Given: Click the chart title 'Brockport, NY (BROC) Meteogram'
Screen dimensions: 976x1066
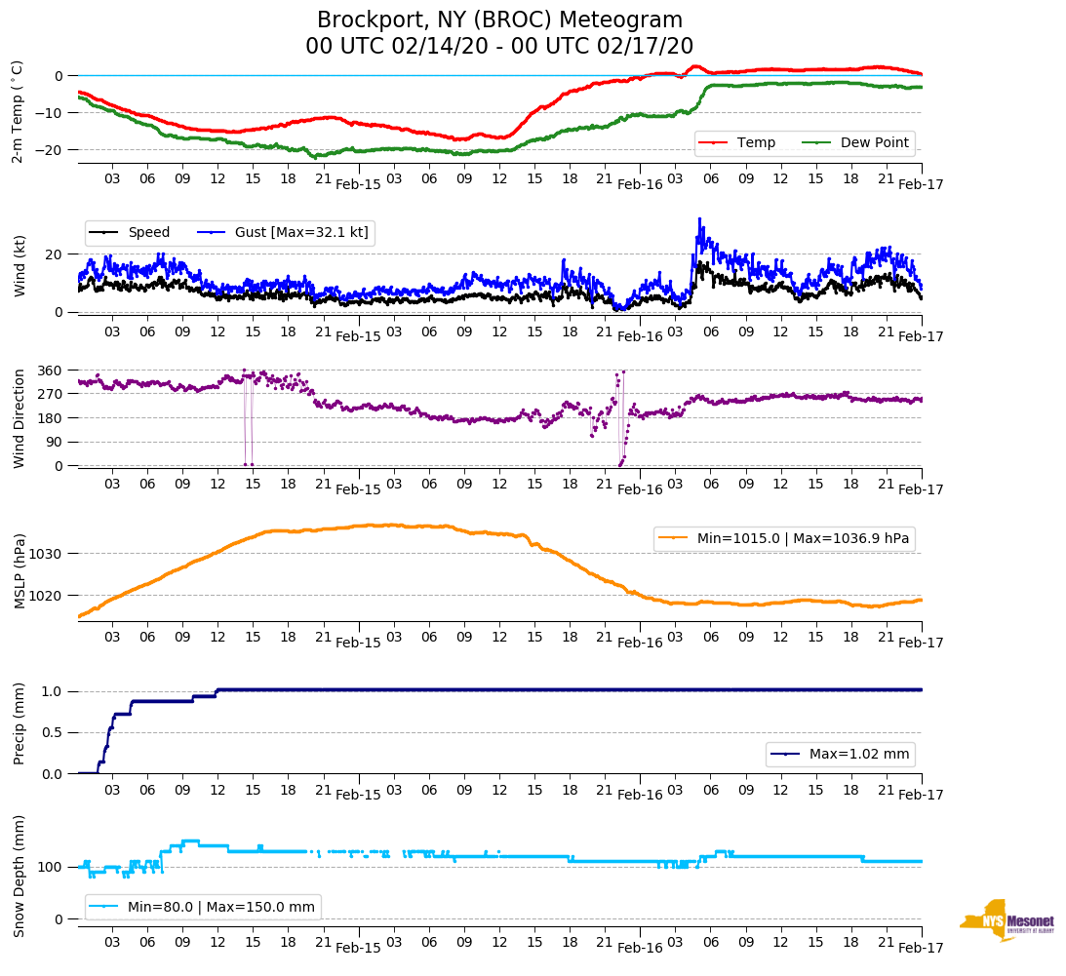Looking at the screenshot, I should (499, 20).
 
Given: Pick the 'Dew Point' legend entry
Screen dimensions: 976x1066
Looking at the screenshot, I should (874, 143).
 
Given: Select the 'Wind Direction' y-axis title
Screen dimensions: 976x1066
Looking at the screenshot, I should (20, 417).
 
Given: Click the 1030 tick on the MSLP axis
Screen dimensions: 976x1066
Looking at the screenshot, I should (49, 554).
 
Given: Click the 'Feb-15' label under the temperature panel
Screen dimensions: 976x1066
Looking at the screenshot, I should (358, 183).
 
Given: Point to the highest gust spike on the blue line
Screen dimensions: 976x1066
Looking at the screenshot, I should (699, 219).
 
